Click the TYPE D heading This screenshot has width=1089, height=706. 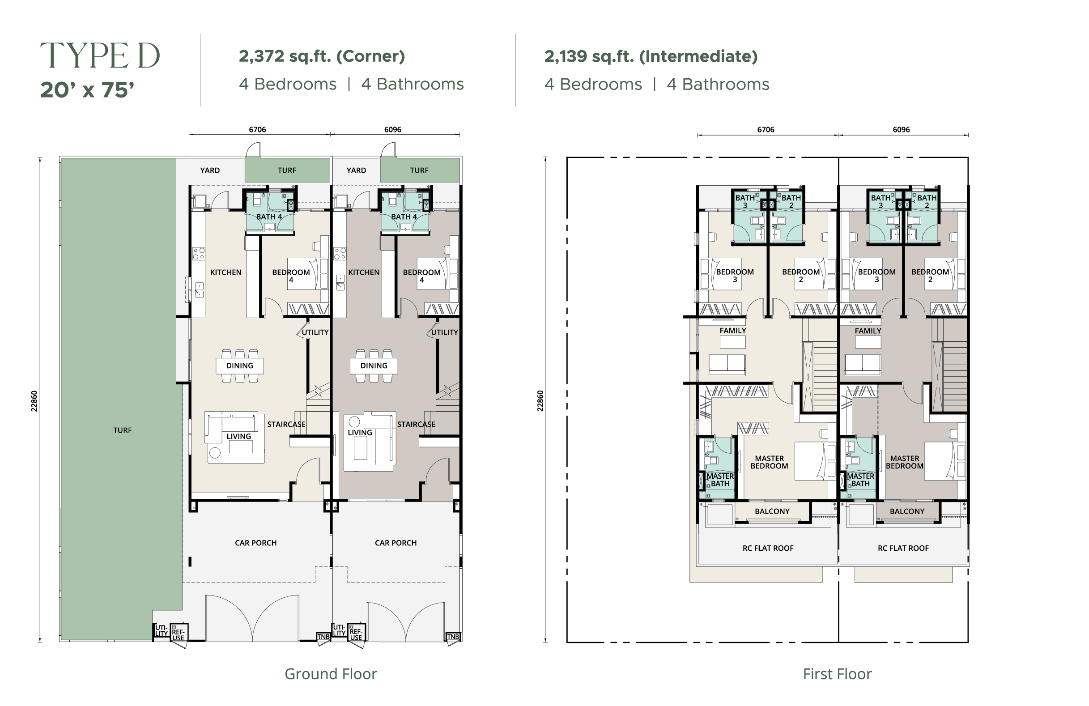(100, 55)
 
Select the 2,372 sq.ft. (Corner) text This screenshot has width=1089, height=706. (322, 56)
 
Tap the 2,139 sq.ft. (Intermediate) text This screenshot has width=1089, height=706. (651, 56)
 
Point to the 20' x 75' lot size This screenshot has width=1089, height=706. (87, 89)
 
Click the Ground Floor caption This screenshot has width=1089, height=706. (331, 674)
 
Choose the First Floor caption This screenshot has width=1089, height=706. (838, 674)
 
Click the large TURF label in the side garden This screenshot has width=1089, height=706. (122, 430)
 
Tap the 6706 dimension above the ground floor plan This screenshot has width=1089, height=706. (257, 129)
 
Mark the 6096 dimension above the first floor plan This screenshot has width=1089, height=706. (901, 129)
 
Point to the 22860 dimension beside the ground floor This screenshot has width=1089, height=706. (34, 401)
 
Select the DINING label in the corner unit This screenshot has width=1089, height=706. (239, 366)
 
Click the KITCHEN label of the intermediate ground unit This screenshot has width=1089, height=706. (364, 272)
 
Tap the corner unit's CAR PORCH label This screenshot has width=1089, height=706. (256, 543)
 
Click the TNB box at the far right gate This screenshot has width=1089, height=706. (453, 637)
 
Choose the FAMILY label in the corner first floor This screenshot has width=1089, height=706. (732, 330)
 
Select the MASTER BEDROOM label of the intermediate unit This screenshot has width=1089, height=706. (905, 462)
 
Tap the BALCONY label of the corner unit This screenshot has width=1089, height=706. (772, 511)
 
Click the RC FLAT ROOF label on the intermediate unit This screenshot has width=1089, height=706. (903, 548)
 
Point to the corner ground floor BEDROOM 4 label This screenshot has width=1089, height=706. (291, 276)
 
